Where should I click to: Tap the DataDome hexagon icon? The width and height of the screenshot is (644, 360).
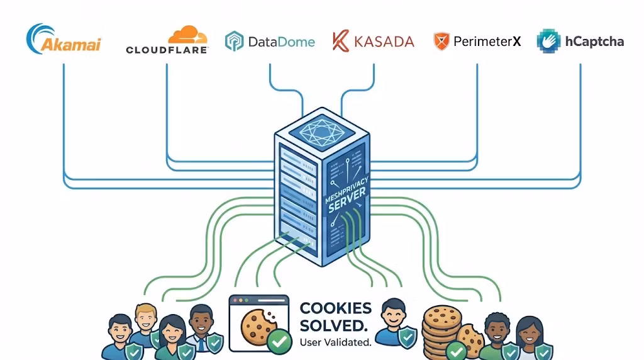click(x=235, y=42)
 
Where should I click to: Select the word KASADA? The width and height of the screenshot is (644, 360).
click(x=384, y=42)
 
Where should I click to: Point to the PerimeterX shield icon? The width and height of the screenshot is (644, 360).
click(x=441, y=42)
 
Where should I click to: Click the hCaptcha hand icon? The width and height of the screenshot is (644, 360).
click(x=548, y=41)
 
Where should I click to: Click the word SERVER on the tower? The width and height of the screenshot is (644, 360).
click(x=347, y=205)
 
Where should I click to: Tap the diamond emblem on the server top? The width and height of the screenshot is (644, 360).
click(x=321, y=130)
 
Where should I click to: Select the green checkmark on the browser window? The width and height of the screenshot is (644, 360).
click(x=279, y=341)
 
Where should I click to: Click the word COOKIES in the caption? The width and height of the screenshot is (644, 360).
click(x=335, y=308)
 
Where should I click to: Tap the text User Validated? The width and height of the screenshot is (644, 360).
click(x=335, y=343)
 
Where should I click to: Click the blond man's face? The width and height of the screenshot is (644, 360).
click(x=145, y=316)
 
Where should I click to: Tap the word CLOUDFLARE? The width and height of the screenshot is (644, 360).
click(x=167, y=50)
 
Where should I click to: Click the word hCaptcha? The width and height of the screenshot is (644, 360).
click(x=594, y=42)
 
